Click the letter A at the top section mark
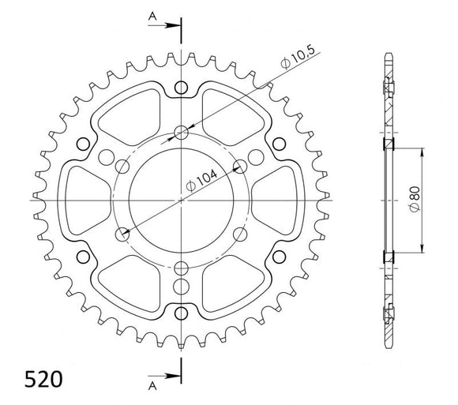(151, 15)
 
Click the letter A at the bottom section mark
(151, 388)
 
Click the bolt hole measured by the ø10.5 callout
(182, 132)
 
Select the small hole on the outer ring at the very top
(182, 87)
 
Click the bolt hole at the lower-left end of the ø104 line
(122, 234)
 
